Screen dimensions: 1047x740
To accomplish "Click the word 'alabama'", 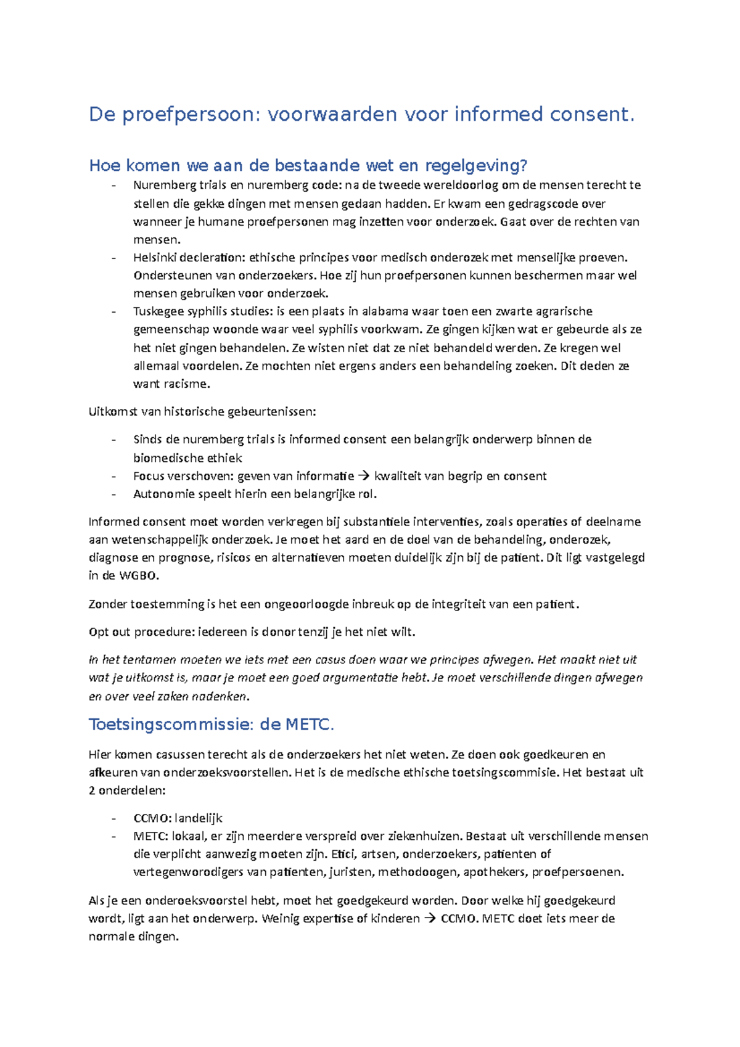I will coord(385,311).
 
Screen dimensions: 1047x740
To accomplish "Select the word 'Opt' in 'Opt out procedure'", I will coord(99,632).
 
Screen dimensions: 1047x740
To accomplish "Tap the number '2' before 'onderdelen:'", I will coord(92,790).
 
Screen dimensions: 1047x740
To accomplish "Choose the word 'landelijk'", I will coord(198,818).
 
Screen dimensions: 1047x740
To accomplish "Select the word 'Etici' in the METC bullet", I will coord(343,855).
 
